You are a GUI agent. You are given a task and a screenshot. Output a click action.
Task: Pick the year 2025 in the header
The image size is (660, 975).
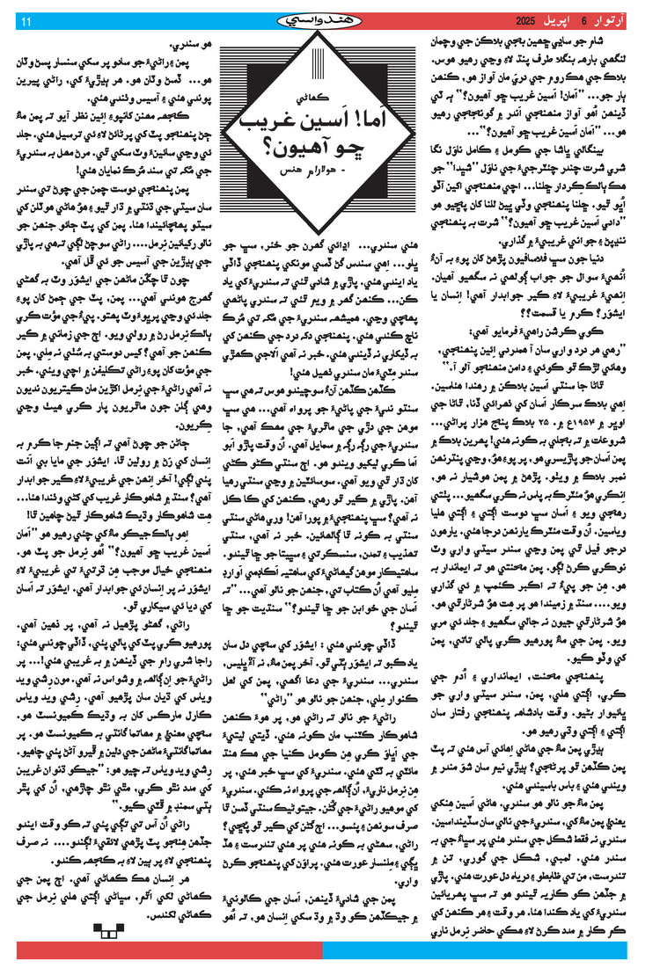click(x=517, y=20)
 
